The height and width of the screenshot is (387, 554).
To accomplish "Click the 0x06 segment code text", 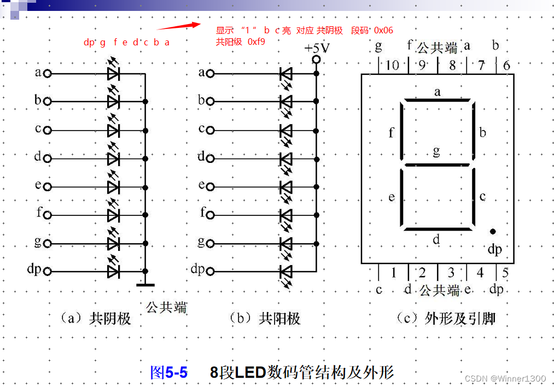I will [383, 30].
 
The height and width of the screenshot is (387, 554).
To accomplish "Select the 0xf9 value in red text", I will [256, 42].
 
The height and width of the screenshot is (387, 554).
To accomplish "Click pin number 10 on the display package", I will [392, 66].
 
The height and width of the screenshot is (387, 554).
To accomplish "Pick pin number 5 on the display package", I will [505, 272].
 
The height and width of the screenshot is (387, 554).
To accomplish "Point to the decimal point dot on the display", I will [493, 232].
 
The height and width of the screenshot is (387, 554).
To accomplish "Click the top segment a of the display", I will [437, 101].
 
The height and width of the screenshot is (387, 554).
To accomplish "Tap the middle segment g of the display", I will [437, 164].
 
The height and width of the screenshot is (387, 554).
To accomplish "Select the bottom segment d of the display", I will [437, 228].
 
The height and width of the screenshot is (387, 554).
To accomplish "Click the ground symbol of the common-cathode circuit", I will [145, 284].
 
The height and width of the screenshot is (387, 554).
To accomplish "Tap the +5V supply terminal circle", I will [316, 60].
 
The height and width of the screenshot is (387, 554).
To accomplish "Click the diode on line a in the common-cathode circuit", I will [113, 73].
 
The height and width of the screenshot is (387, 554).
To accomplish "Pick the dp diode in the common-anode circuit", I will [285, 271].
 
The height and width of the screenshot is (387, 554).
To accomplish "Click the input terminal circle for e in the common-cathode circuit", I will [48, 186].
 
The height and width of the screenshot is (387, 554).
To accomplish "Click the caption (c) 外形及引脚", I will [445, 318].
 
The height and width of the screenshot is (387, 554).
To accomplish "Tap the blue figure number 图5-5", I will [168, 373].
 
